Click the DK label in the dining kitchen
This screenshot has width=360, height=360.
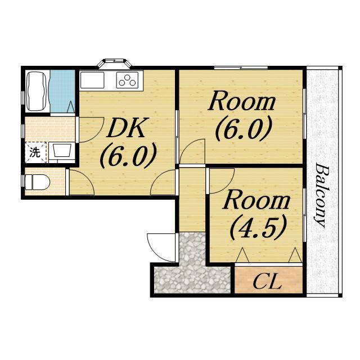coord(126,128)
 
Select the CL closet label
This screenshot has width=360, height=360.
coord(267,281)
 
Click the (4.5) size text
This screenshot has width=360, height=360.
coord(259,227)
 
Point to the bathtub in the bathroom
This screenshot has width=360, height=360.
coord(37,91)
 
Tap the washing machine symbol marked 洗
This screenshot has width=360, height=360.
coord(35,152)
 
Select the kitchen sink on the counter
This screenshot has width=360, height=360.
coord(92,80)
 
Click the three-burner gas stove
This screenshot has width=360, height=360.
coord(128,80)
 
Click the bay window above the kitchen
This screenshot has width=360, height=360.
coord(114,63)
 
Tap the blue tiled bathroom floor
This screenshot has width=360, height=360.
coord(62,91)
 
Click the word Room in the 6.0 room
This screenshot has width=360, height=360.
coord(241,101)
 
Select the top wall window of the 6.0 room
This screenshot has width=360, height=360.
coord(241,67)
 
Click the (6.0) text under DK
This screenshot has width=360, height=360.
coord(129,155)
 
